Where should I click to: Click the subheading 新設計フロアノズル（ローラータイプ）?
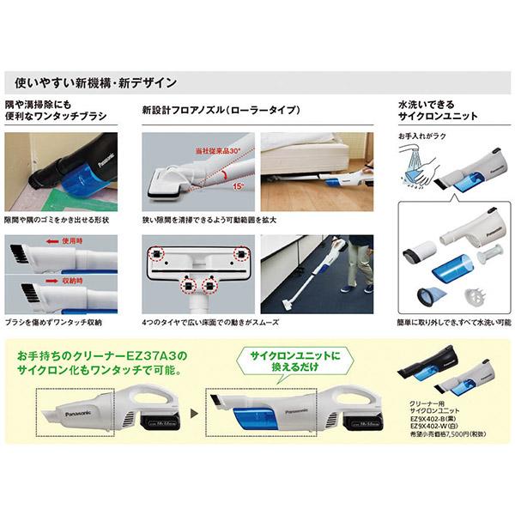click(221, 112)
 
